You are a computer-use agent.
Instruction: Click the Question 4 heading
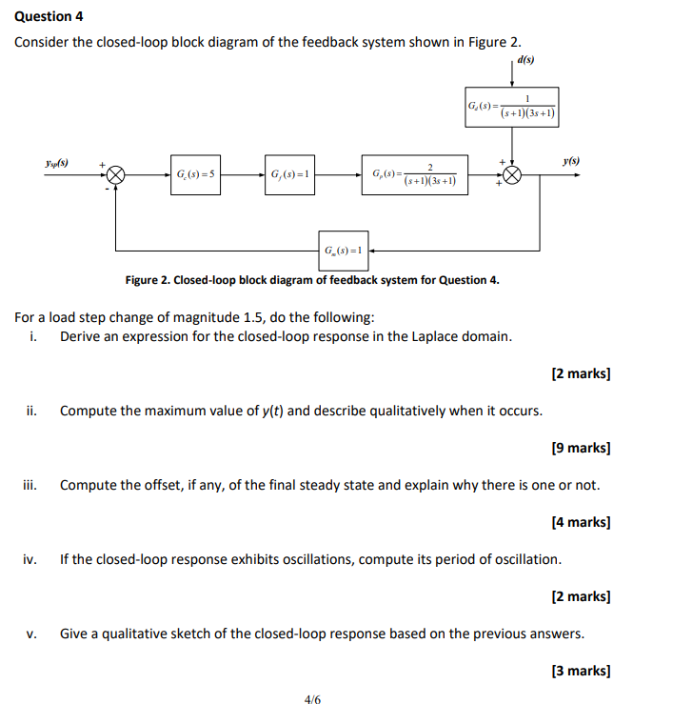tap(46, 16)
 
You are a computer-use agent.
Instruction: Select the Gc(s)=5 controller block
tap(195, 175)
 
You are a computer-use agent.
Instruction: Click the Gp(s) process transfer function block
tap(415, 175)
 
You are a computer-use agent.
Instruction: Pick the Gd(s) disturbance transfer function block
tap(511, 107)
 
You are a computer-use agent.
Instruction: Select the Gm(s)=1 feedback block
tap(344, 250)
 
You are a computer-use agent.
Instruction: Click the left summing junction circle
tap(116, 175)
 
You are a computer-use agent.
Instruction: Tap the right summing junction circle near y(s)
tap(514, 175)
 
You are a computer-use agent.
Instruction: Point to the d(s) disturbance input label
tap(525, 59)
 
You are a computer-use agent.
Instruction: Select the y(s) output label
tap(571, 162)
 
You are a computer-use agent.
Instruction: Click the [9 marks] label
tap(581, 447)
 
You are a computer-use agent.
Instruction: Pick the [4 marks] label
tap(581, 521)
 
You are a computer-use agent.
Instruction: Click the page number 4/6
tap(313, 699)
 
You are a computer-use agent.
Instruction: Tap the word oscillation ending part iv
tap(524, 558)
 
